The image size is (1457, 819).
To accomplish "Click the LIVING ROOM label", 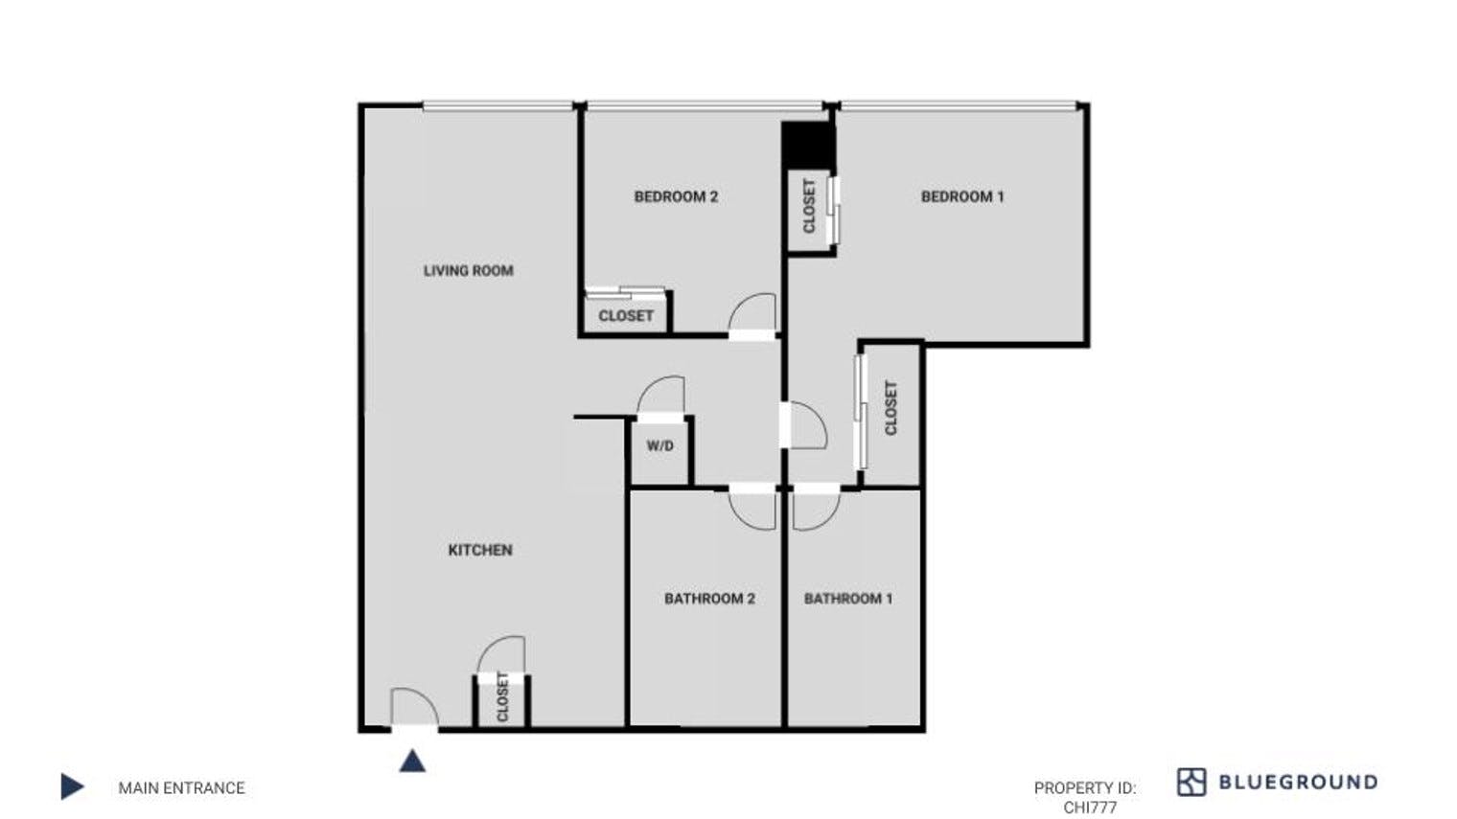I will [468, 271].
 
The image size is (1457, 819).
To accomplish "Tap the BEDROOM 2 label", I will [676, 197].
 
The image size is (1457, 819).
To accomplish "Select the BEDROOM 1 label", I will [962, 197].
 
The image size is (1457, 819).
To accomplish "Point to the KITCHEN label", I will [480, 550].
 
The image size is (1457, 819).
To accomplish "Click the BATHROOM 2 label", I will [709, 599].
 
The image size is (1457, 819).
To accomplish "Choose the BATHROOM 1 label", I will [848, 599].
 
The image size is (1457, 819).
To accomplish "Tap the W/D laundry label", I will [659, 446].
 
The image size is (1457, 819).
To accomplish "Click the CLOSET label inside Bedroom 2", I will [626, 316].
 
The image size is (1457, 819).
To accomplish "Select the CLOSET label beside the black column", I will [809, 206].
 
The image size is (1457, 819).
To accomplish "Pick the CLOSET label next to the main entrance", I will [502, 696].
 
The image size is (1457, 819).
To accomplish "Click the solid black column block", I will [808, 145].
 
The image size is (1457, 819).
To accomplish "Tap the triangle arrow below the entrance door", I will [412, 761].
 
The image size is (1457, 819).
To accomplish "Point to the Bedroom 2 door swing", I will [754, 313].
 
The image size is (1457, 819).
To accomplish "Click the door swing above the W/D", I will [661, 396].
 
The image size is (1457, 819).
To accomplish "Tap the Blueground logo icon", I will [1191, 782].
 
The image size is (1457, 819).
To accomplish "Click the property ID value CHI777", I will [1090, 808].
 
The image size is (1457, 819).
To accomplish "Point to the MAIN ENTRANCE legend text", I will [181, 788].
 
